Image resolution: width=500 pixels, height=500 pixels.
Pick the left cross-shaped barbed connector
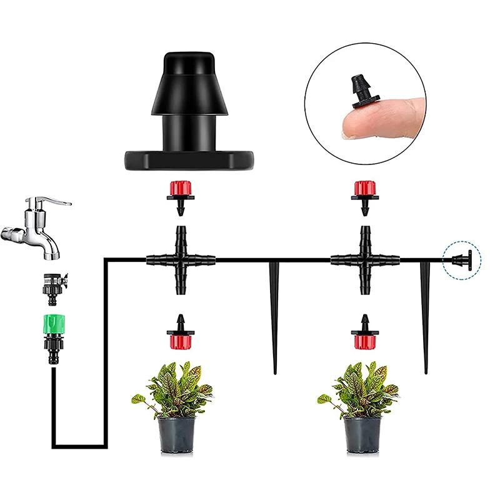click(181, 259)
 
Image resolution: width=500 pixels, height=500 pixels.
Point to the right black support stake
click(427, 312)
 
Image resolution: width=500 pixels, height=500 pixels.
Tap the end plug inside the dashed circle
click(461, 259)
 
